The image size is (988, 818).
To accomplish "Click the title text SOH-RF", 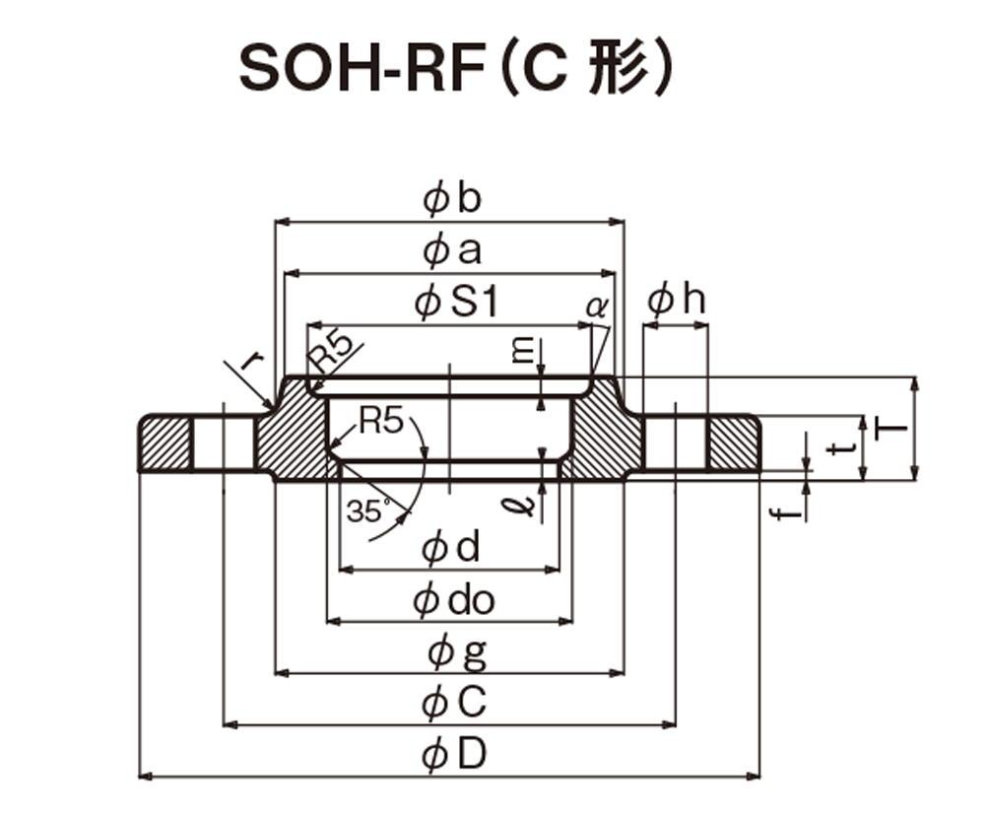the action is pos(362,69).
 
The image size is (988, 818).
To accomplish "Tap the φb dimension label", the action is pos(452,198).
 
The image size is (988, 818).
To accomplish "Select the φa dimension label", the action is pos(452,252).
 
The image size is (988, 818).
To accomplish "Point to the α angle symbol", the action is pos(597,307).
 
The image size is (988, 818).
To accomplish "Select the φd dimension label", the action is pos(450,546).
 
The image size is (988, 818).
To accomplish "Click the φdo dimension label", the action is pos(454,600).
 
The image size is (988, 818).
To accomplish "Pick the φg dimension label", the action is pos(457,653).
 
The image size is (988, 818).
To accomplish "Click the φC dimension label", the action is pos(454,703).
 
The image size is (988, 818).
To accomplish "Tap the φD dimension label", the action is pos(454,754).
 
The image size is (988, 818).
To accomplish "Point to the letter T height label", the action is pos(891,429).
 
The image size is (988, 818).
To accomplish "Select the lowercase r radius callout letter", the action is pos(253,361).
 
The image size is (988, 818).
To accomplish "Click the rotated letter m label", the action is pos(522,351).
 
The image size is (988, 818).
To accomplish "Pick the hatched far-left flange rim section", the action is pos(165,443).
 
